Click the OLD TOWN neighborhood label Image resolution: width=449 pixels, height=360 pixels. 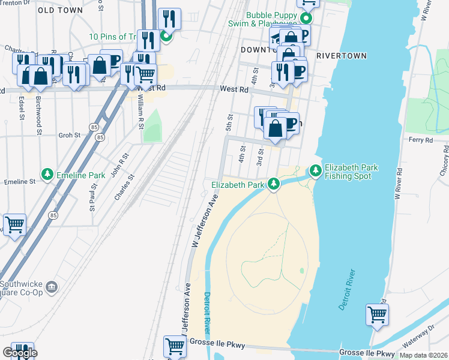tap(61, 10)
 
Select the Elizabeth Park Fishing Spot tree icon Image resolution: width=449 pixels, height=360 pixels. tap(316, 172)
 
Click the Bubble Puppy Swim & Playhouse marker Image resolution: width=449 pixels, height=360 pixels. tap(306, 18)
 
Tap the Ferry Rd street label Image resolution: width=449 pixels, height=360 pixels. tap(420, 140)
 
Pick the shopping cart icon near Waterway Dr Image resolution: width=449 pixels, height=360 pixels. tap(377, 314)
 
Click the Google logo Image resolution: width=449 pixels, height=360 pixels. tap(20, 353)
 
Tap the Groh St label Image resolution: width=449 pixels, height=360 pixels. tap(69, 136)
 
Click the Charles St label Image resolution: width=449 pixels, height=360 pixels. tap(124, 187)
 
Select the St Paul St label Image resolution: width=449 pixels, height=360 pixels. tap(93, 197)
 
